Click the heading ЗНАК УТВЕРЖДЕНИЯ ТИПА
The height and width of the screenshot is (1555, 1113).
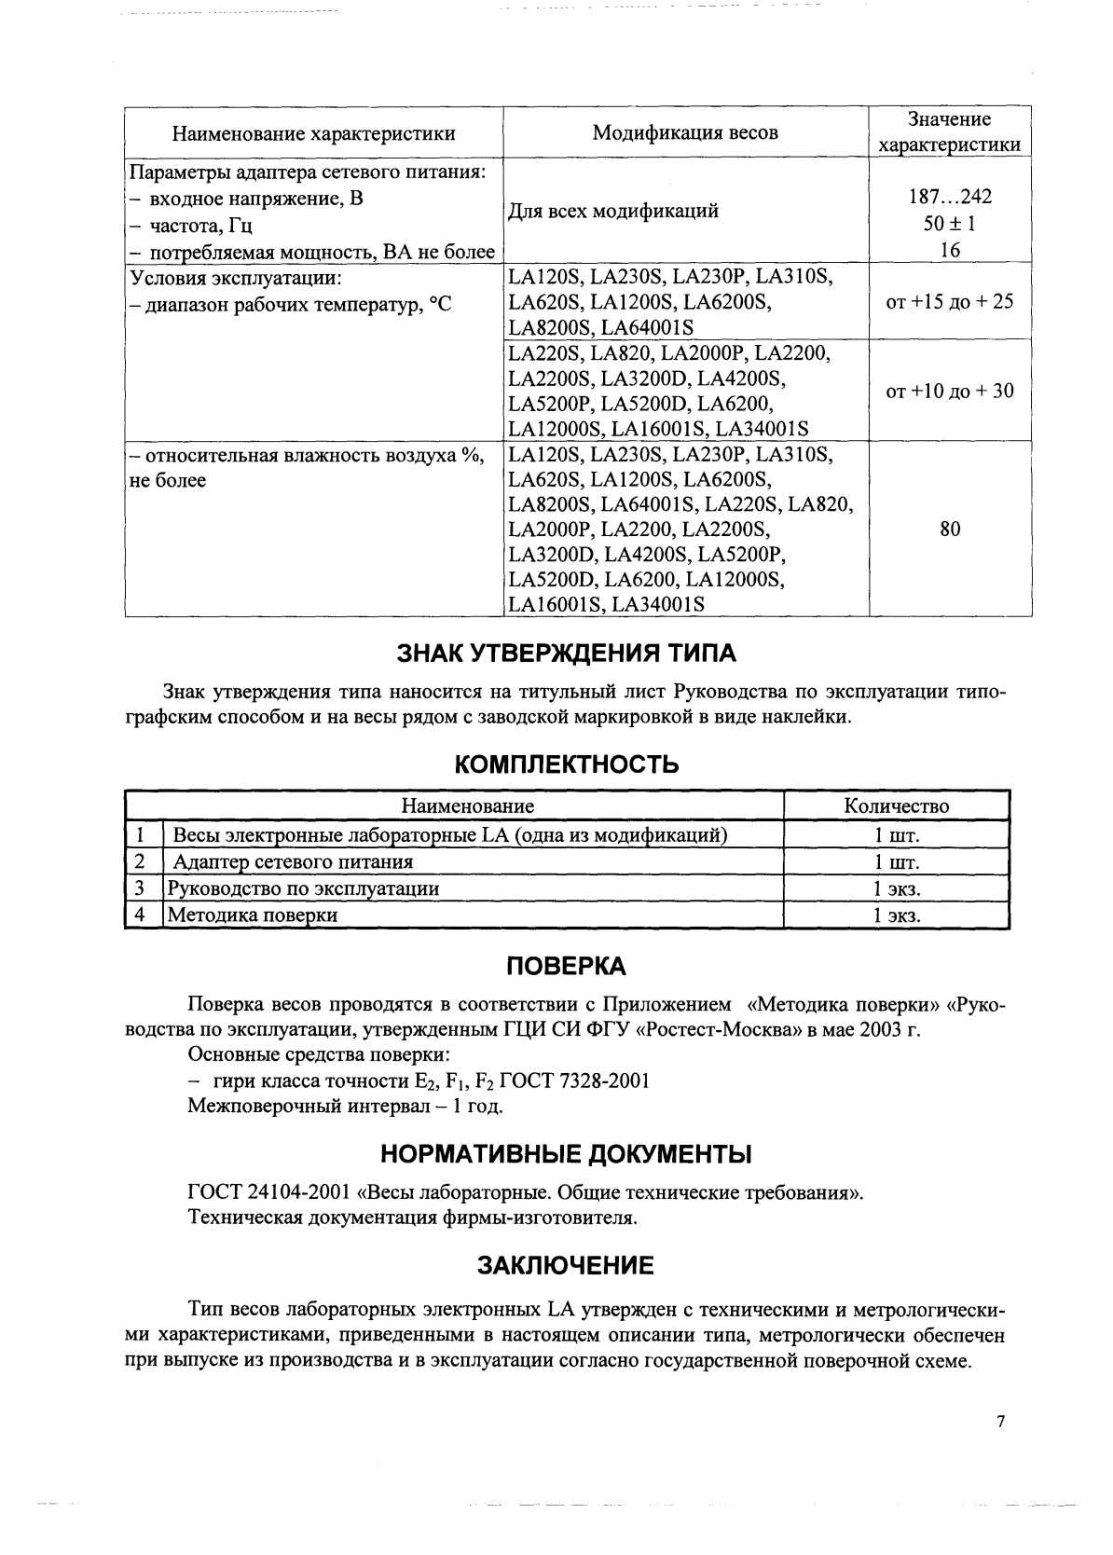click(x=567, y=654)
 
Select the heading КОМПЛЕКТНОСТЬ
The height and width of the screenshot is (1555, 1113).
click(x=567, y=764)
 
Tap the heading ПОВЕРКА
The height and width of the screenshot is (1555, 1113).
click(x=566, y=966)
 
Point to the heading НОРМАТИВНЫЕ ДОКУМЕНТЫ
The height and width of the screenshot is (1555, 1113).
click(x=566, y=1154)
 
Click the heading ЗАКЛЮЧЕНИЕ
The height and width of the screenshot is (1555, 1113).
click(x=566, y=1265)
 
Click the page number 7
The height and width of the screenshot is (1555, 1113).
click(x=1001, y=1422)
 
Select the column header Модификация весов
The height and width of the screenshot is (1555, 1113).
click(x=685, y=132)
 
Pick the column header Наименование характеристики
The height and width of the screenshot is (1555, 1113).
click(x=314, y=133)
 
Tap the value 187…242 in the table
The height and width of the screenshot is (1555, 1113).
click(x=950, y=197)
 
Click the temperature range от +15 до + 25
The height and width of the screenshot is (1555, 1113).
click(x=950, y=302)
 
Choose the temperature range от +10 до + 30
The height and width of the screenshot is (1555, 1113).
click(x=950, y=391)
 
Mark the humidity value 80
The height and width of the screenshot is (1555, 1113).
click(x=950, y=529)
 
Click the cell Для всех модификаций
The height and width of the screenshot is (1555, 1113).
click(x=613, y=211)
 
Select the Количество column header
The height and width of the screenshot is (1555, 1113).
click(x=896, y=805)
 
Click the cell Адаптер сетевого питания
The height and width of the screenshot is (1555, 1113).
click(x=294, y=861)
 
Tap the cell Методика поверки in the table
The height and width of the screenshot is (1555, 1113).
click(x=253, y=915)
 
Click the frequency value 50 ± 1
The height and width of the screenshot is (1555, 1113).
click(x=950, y=224)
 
